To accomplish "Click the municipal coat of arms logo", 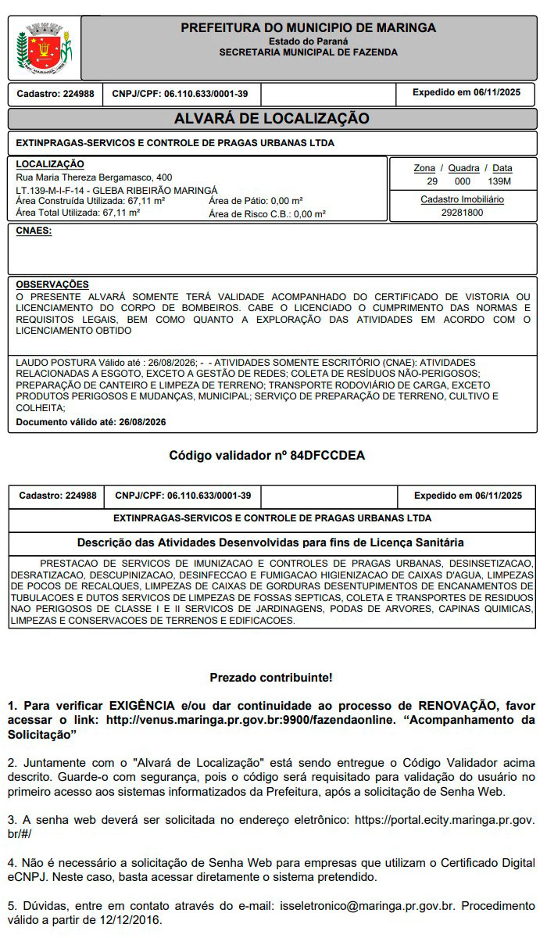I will tap(44, 49).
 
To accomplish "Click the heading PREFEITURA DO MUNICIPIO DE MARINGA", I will tap(308, 28).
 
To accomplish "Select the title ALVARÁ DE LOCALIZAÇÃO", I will tap(272, 119).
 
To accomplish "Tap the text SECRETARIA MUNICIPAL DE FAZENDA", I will tap(308, 52).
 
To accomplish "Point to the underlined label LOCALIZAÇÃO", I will tap(50, 164).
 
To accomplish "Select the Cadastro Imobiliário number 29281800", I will tap(462, 213).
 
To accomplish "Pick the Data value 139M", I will tap(499, 181).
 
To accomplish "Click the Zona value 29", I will tap(431, 181).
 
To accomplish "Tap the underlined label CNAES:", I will tap(34, 231).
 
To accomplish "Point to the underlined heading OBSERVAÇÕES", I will tap(52, 285).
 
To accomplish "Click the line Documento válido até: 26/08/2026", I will tap(91, 422).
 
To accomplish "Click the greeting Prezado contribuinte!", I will tap(271, 677).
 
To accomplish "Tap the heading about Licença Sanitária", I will tap(270, 542).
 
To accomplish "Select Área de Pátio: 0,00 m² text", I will tap(256, 201).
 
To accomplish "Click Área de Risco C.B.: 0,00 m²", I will tap(267, 213).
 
